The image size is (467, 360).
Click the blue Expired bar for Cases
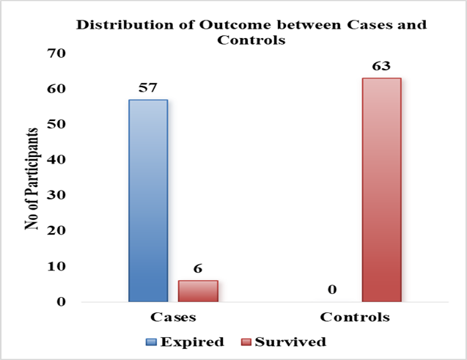(x=148, y=201)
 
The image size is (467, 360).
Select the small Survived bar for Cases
(x=198, y=291)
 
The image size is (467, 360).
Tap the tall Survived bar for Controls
(x=382, y=190)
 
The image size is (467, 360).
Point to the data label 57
(x=147, y=87)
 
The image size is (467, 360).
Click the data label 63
(x=381, y=66)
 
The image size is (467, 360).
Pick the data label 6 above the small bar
(x=198, y=268)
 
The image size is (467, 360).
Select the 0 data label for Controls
(x=332, y=290)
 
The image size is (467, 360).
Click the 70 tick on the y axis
(x=56, y=54)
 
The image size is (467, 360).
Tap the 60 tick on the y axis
(x=56, y=89)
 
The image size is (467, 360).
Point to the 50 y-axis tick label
(x=56, y=124)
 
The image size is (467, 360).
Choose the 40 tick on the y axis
(x=56, y=160)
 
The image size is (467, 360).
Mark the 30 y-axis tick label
(x=56, y=195)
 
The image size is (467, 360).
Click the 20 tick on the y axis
(x=56, y=230)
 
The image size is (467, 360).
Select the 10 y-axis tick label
(x=56, y=266)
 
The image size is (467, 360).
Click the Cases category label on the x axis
(x=173, y=317)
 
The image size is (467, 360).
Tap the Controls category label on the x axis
(x=355, y=317)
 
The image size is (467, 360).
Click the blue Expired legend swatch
(x=151, y=342)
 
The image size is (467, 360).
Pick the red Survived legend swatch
(x=246, y=342)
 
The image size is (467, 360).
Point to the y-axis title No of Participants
(x=32, y=179)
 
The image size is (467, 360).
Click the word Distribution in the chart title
(x=125, y=25)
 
